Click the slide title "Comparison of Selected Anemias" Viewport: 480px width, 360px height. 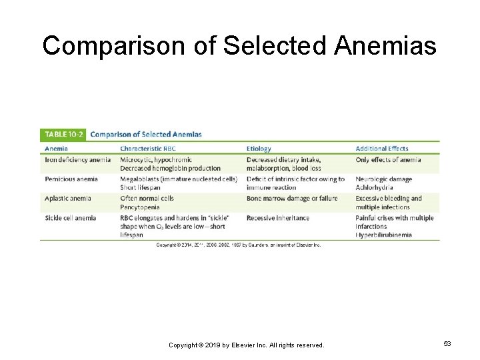click(x=239, y=46)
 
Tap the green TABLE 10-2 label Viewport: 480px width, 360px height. click(x=62, y=134)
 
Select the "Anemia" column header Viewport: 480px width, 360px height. click(x=56, y=148)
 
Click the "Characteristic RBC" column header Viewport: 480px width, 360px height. click(x=148, y=148)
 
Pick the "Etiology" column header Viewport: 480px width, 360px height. click(x=259, y=148)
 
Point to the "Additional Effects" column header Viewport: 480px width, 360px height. click(x=382, y=148)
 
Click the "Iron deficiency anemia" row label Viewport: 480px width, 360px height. click(x=78, y=160)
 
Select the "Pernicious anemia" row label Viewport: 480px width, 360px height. click(x=71, y=179)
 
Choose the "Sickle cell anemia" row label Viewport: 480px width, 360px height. click(x=70, y=218)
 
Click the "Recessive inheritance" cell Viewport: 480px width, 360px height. click(x=278, y=218)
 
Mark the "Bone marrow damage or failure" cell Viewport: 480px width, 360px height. click(x=292, y=198)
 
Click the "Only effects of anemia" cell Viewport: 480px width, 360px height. click(x=388, y=160)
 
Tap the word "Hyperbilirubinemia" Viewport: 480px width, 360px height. click(x=383, y=235)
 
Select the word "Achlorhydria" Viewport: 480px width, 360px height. click(x=374, y=187)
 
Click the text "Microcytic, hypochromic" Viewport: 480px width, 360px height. click(x=156, y=160)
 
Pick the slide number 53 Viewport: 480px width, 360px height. click(x=447, y=344)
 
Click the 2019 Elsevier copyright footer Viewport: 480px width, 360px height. click(x=246, y=345)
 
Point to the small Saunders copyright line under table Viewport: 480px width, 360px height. click(x=238, y=245)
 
